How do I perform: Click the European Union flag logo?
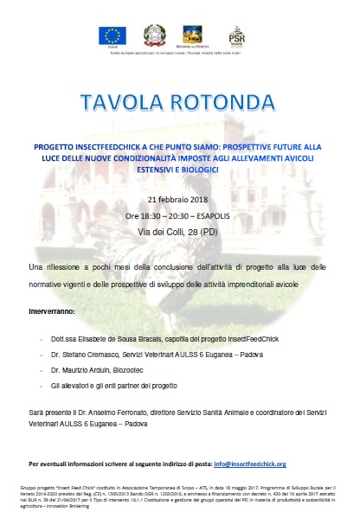(x=113, y=35)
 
